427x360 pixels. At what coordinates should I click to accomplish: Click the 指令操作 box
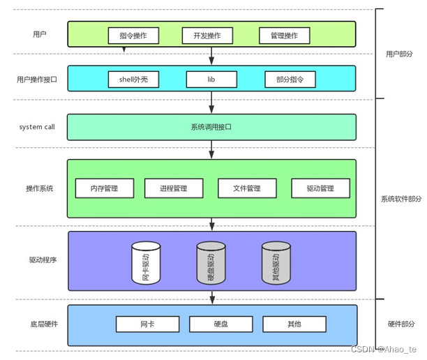pyautogui.click(x=133, y=35)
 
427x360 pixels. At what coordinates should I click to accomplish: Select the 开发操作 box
pyautogui.click(x=211, y=35)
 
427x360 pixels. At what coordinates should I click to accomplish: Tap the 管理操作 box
pyautogui.click(x=284, y=35)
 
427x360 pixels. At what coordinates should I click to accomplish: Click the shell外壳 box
pyautogui.click(x=133, y=80)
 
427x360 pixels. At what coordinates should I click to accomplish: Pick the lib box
pyautogui.click(x=211, y=80)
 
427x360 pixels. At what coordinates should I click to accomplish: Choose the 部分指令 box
pyautogui.click(x=285, y=80)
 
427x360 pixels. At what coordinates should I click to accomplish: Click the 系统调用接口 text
pyautogui.click(x=211, y=127)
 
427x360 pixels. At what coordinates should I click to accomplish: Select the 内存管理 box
pyautogui.click(x=105, y=188)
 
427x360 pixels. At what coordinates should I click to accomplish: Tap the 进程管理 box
pyautogui.click(x=174, y=188)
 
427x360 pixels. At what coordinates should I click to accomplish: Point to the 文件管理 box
pyautogui.click(x=247, y=188)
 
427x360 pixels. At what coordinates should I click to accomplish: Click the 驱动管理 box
pyautogui.click(x=320, y=188)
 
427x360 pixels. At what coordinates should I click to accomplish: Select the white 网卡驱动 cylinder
pyautogui.click(x=146, y=263)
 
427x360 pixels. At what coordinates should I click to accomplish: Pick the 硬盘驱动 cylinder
pyautogui.click(x=211, y=263)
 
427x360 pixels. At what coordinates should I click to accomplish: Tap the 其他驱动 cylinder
pyautogui.click(x=276, y=263)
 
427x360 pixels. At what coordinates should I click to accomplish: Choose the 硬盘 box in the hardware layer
pyautogui.click(x=218, y=324)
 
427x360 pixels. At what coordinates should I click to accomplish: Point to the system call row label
pyautogui.click(x=36, y=127)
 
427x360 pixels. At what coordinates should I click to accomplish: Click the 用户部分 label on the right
pyautogui.click(x=400, y=54)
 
